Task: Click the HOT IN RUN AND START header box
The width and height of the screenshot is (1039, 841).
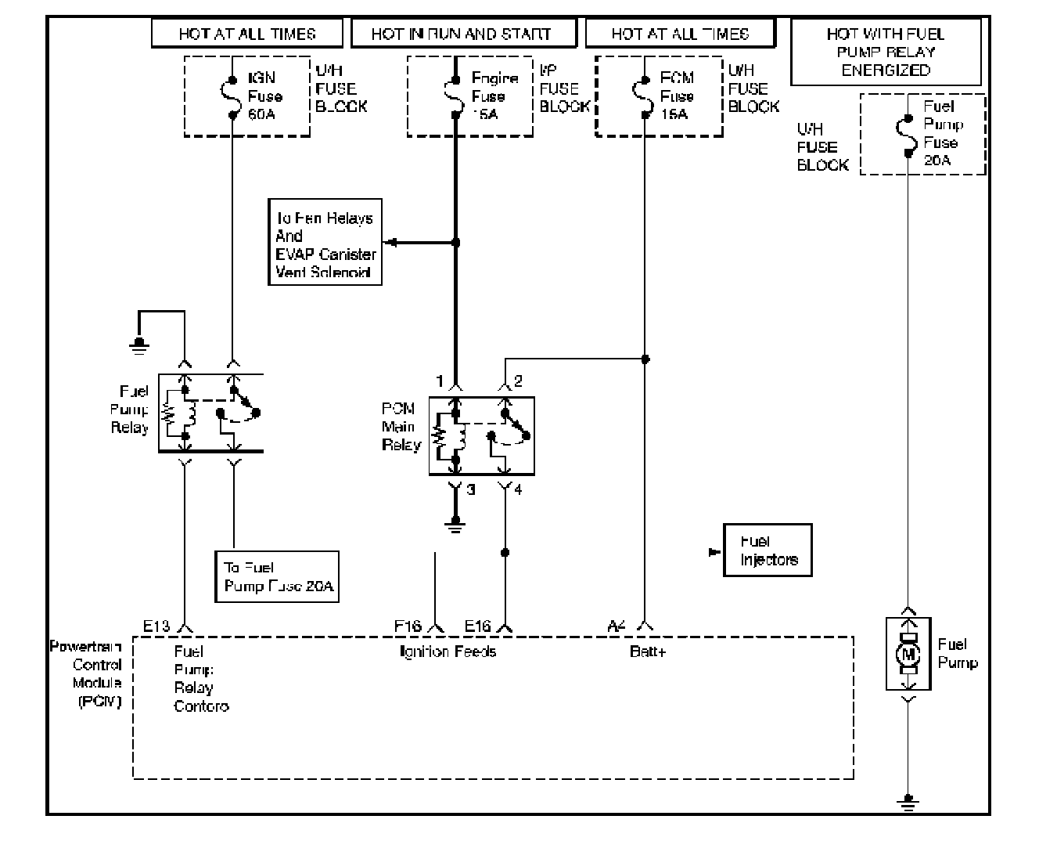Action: coord(462,34)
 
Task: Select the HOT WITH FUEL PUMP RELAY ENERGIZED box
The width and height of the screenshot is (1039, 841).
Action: coord(886,52)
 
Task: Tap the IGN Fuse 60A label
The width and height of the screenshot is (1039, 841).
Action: coord(265,96)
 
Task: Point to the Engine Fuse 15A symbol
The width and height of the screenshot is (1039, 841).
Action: coord(455,96)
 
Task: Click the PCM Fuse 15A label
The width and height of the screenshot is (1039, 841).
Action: coord(677,96)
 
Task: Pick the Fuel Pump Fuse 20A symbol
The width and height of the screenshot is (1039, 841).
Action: coord(908,134)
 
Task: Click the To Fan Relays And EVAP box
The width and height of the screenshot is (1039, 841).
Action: coord(325,245)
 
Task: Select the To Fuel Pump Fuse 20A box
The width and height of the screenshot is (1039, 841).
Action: coord(277,577)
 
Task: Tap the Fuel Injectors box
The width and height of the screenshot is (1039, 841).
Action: coord(768,550)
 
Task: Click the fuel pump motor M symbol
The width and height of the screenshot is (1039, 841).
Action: coord(908,654)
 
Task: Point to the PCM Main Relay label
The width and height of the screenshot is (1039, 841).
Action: coord(401,427)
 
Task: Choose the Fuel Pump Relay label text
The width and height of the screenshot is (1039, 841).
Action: coord(131,409)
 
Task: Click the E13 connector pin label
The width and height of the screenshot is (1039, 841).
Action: coord(156,626)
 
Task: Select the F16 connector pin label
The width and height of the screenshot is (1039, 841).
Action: coord(408,626)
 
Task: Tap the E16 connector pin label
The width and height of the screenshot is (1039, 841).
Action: coord(477,626)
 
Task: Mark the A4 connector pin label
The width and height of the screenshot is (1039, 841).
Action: coord(617,626)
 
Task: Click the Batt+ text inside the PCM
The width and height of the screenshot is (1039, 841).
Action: coord(647,652)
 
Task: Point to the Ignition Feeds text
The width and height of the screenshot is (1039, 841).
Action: coord(448,652)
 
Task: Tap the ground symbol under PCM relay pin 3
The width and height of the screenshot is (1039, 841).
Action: coord(455,525)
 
